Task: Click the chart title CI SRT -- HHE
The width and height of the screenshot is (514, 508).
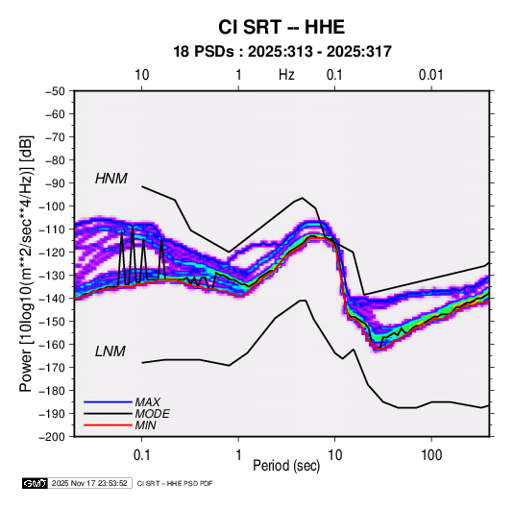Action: [x=281, y=27]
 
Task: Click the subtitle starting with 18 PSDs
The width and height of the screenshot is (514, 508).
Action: [x=282, y=52]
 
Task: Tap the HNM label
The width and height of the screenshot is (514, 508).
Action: [x=111, y=179]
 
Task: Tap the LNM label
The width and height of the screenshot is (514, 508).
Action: [x=110, y=351]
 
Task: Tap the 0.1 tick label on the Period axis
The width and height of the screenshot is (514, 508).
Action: [x=141, y=455]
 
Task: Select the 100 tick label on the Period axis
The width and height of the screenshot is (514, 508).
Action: [x=431, y=455]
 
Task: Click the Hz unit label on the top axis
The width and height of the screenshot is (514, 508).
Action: [x=286, y=75]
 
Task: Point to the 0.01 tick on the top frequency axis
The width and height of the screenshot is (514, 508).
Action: [x=431, y=75]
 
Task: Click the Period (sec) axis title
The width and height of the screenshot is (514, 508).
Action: [x=286, y=466]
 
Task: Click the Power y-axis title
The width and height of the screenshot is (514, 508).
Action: [x=26, y=264]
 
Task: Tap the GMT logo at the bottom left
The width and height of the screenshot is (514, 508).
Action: [x=35, y=483]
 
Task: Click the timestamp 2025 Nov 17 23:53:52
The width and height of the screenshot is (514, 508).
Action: [x=89, y=483]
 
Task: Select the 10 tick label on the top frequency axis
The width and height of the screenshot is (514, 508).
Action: [x=141, y=75]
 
